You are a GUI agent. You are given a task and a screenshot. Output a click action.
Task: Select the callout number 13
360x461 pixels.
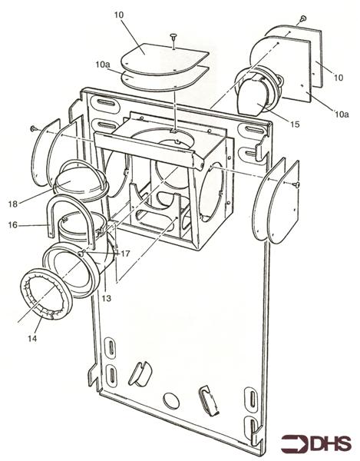[107, 298]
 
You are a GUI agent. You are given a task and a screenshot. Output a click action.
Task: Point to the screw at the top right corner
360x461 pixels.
[305, 16]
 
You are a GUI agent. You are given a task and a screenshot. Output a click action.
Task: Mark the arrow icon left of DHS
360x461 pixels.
[293, 443]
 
